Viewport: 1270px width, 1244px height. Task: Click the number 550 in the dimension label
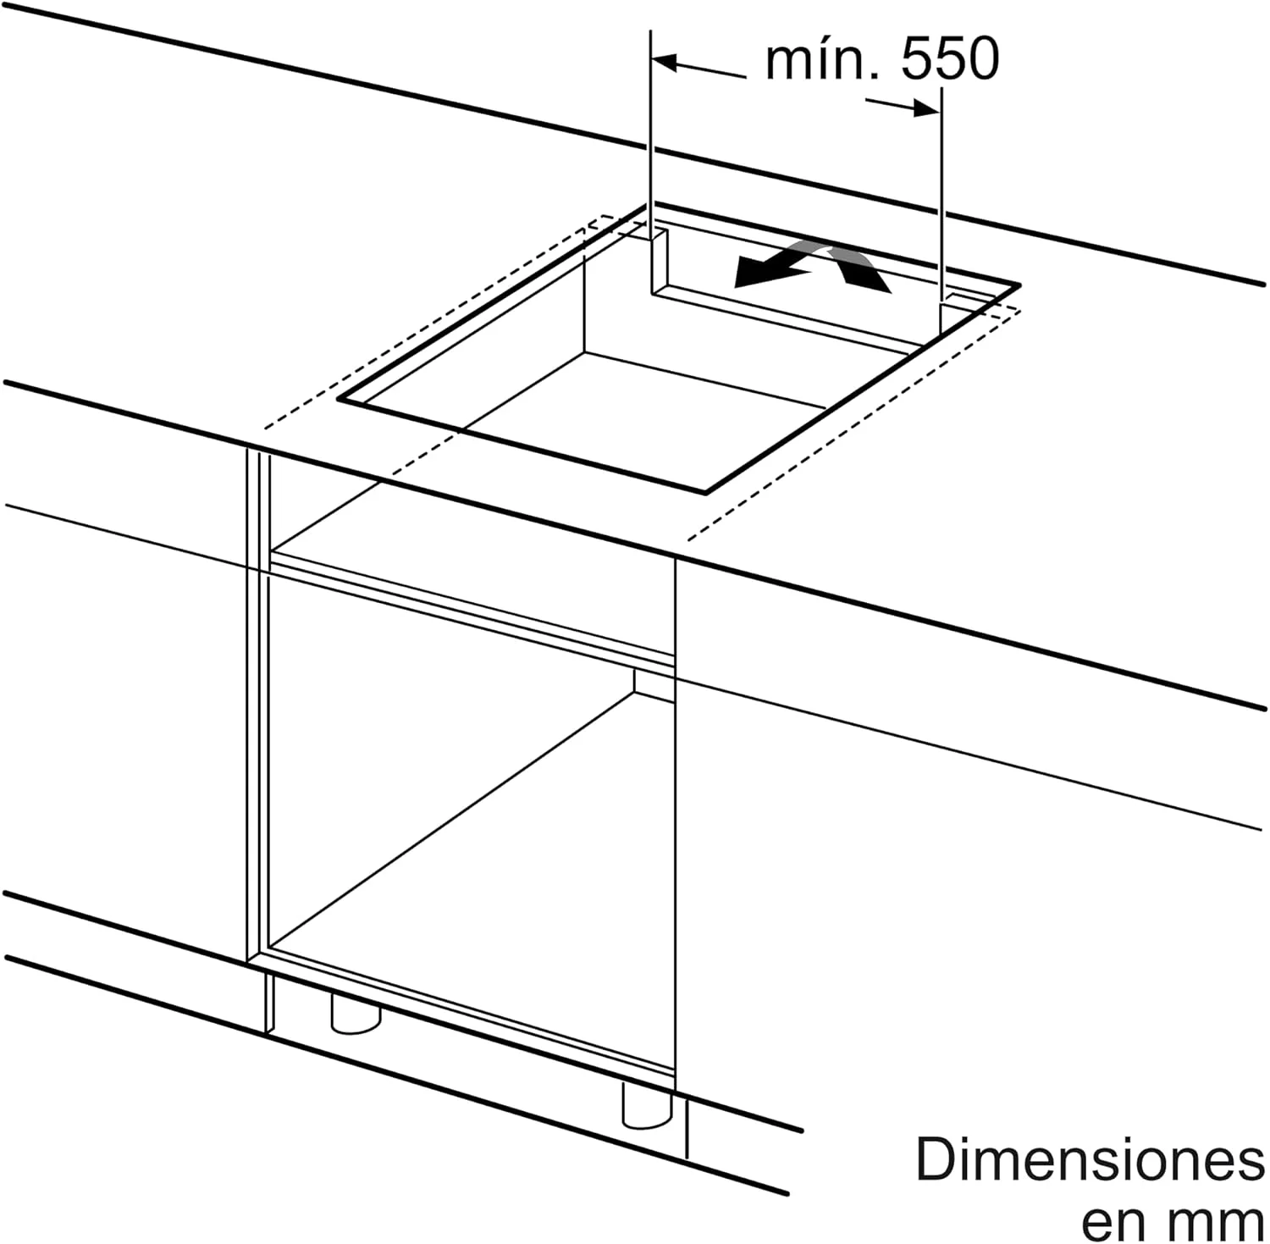click(x=950, y=59)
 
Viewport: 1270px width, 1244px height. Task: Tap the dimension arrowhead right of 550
click(x=925, y=108)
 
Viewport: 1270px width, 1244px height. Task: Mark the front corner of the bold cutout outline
click(x=705, y=491)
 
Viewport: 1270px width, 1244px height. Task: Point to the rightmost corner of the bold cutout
click(x=1019, y=285)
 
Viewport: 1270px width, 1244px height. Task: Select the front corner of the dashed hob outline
click(x=687, y=539)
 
